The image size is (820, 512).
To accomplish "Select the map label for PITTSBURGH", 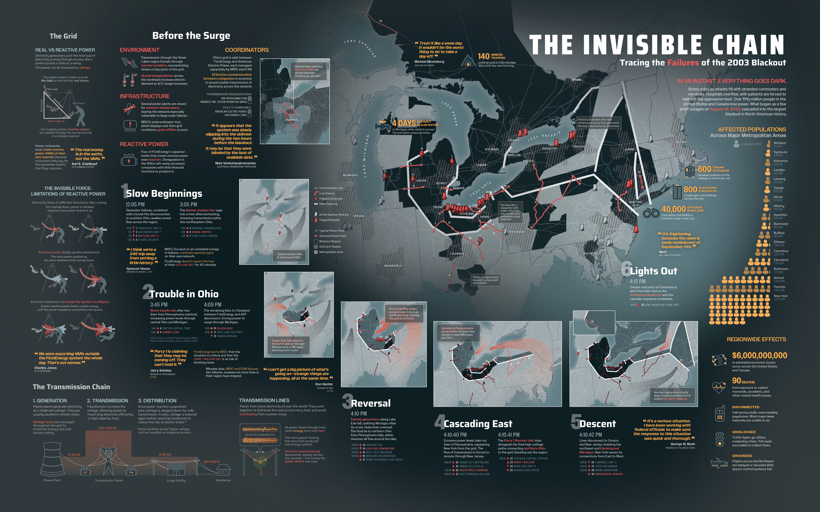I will (x=516, y=232).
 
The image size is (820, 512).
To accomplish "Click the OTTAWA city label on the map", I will (x=577, y=80).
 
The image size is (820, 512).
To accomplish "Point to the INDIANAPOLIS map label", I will (x=393, y=266).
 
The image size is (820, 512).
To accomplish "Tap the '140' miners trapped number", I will (x=484, y=56).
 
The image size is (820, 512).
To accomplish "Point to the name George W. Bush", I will (x=682, y=444).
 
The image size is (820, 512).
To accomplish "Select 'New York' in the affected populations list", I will (x=780, y=296).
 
